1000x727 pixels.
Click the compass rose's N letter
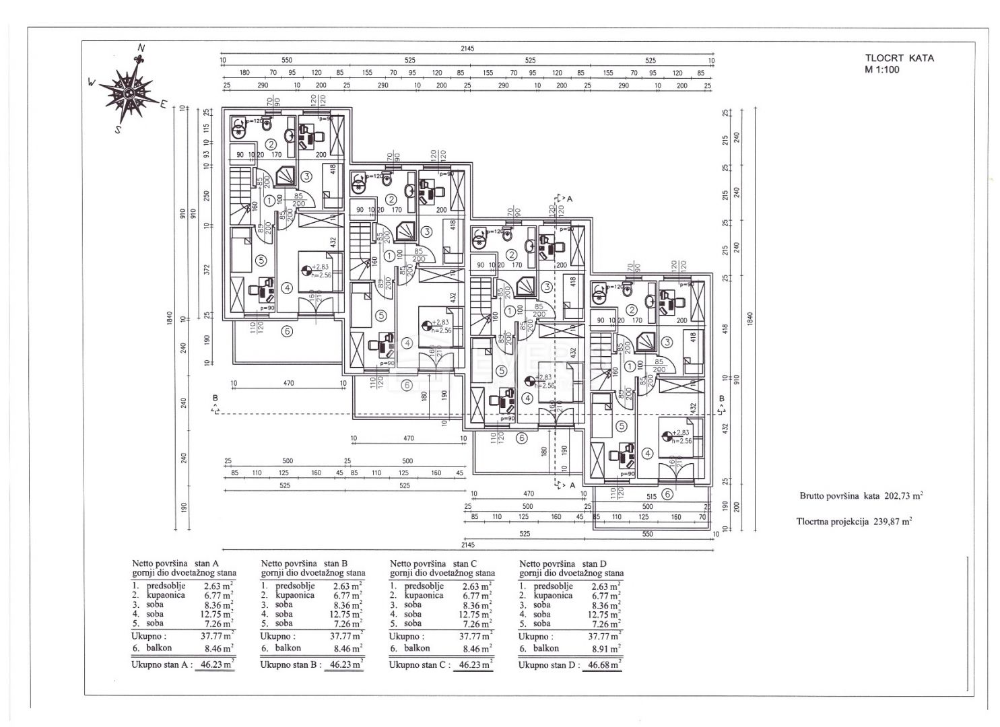(x=141, y=48)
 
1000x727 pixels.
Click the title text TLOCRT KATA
(x=900, y=58)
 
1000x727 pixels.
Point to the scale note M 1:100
(x=883, y=69)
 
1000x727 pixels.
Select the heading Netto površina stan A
(x=176, y=563)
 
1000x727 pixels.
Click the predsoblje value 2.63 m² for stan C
(x=477, y=586)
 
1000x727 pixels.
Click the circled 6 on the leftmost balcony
(x=287, y=331)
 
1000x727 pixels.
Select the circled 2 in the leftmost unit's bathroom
(x=270, y=143)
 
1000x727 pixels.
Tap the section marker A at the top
(x=569, y=199)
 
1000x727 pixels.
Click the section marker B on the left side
(x=215, y=399)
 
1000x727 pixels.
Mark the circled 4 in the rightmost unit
(x=647, y=453)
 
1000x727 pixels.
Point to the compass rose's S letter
(x=117, y=131)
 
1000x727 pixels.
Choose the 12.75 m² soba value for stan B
(x=346, y=614)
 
